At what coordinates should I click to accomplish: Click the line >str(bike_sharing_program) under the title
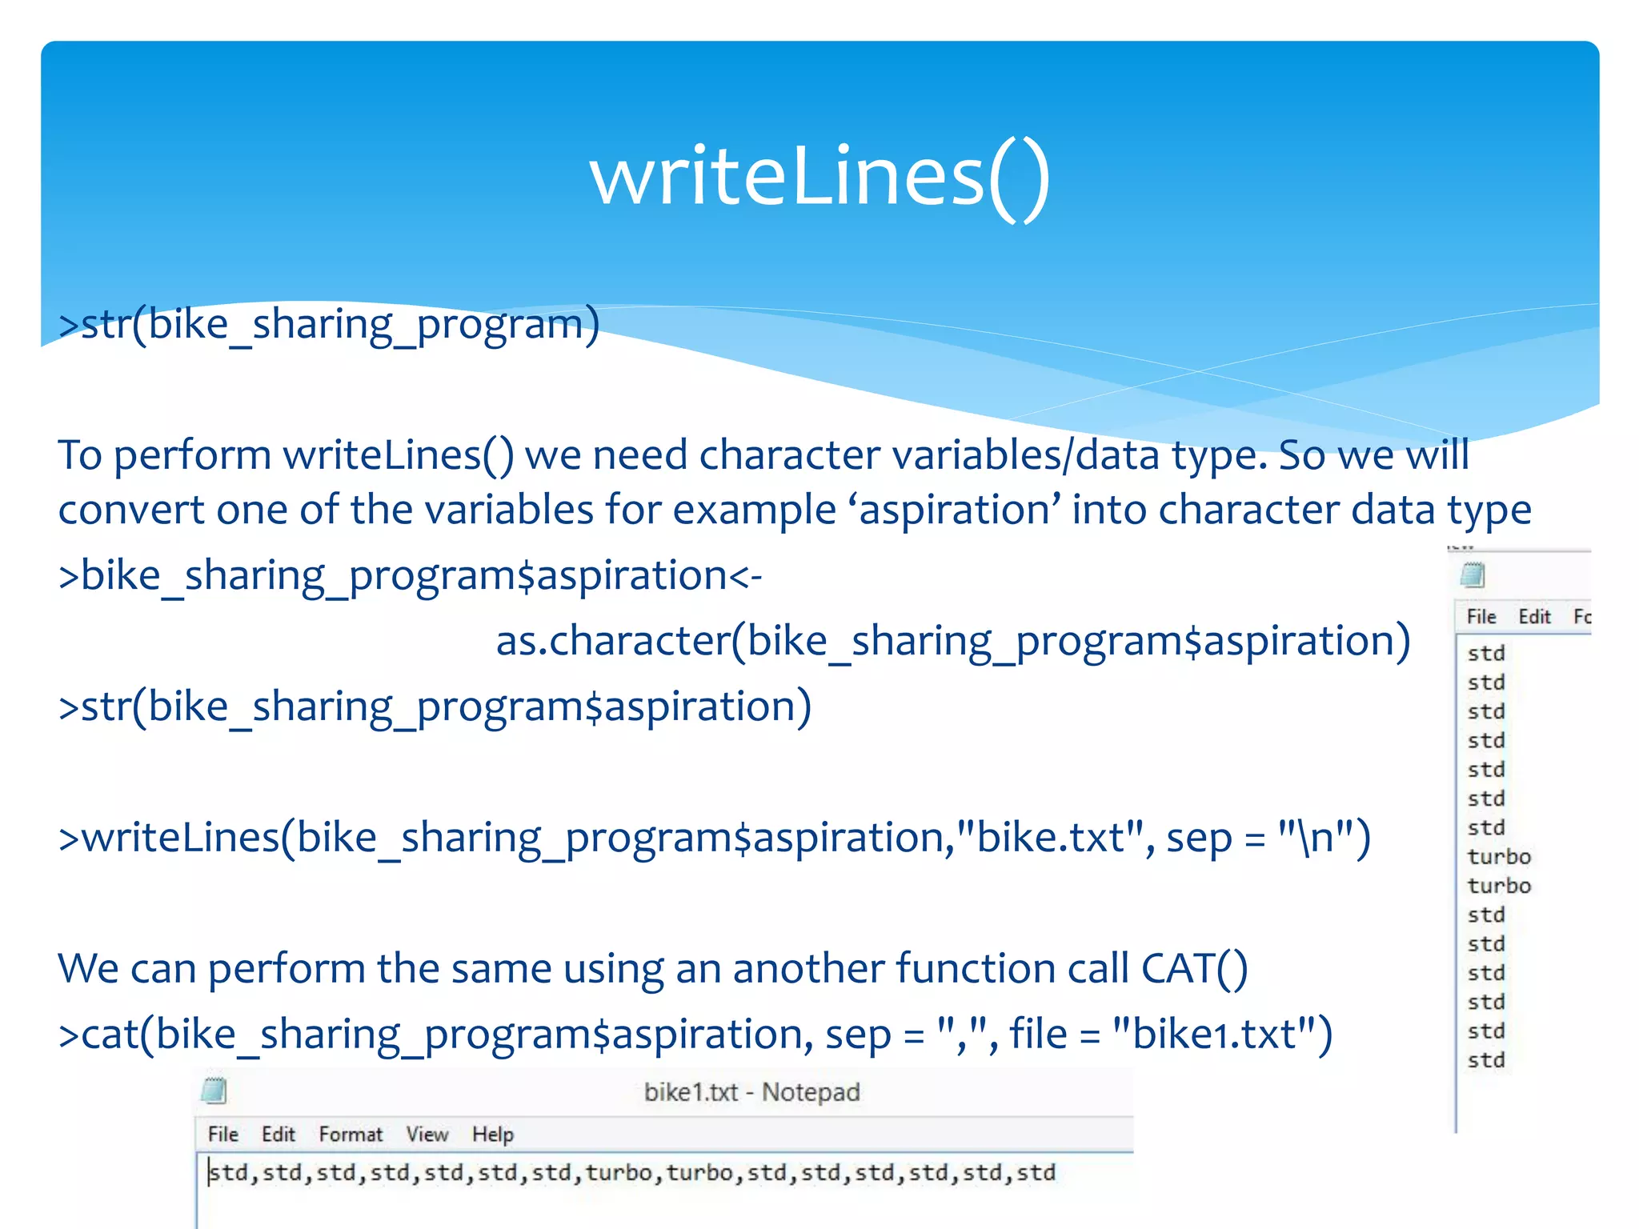(328, 325)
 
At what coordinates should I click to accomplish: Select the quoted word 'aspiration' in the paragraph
(960, 510)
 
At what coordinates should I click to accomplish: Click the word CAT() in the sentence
(1193, 969)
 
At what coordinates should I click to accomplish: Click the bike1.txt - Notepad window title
(751, 1092)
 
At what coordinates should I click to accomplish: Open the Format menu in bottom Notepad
(351, 1135)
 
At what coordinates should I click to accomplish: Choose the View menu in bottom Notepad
(427, 1135)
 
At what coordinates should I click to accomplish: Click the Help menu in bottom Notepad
(492, 1135)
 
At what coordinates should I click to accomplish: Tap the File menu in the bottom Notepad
(222, 1135)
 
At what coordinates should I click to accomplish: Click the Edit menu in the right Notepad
(1534, 617)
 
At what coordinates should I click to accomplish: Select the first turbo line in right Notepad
(1498, 857)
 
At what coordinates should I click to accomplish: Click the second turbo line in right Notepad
(1498, 886)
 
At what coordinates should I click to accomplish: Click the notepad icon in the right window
(1473, 575)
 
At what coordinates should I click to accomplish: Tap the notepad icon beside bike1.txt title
(214, 1091)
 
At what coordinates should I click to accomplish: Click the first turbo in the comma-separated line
(619, 1173)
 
